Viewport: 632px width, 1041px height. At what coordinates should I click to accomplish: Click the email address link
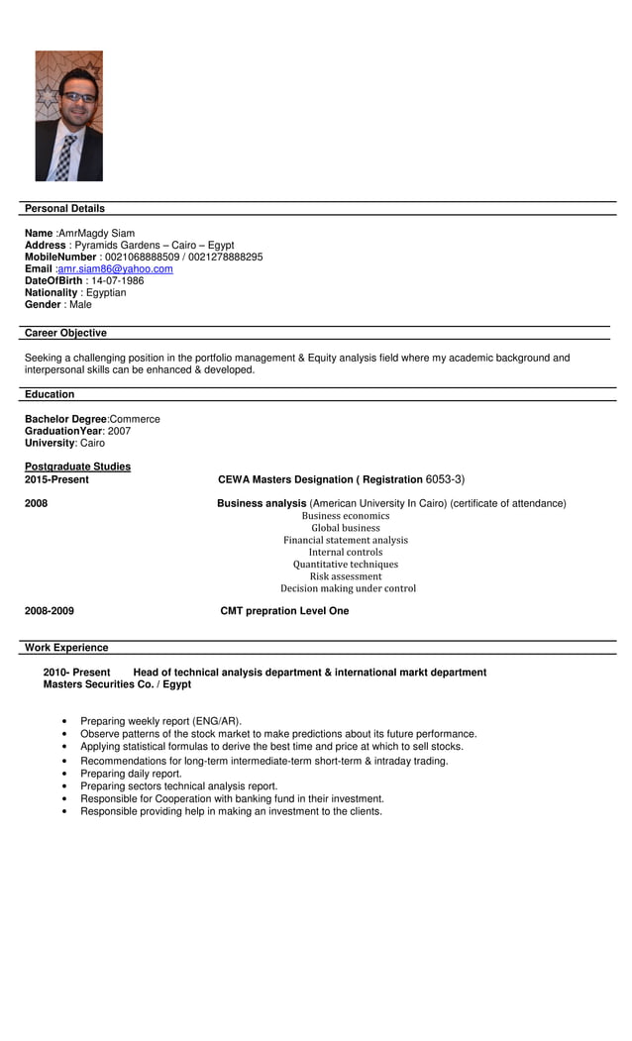115,268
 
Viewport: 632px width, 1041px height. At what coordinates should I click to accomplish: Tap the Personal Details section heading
64,208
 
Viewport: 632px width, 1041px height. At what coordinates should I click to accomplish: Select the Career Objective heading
65,333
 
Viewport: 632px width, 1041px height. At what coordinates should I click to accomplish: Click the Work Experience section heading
66,648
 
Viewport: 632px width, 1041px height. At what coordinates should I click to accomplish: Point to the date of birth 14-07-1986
117,280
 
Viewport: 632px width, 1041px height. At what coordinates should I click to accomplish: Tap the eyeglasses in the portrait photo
78,97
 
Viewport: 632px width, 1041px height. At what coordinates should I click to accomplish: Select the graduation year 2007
119,431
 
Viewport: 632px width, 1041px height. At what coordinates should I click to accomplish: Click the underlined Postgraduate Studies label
77,467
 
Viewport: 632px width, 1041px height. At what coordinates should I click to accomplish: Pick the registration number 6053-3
445,479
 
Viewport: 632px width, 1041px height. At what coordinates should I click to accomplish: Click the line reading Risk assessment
346,576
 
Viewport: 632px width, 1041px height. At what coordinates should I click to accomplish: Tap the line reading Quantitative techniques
346,565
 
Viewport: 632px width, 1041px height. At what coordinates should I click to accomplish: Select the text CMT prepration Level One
284,611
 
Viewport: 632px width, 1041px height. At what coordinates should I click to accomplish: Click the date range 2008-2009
50,611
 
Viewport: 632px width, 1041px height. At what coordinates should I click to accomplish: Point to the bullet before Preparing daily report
64,774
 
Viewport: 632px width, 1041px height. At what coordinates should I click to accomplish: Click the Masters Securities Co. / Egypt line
117,684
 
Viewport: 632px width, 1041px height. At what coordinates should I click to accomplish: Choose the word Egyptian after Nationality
106,292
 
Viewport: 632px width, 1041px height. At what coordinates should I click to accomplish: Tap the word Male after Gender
80,304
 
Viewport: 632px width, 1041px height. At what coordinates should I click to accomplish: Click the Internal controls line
346,552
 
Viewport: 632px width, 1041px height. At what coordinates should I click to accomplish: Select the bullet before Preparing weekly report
64,722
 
